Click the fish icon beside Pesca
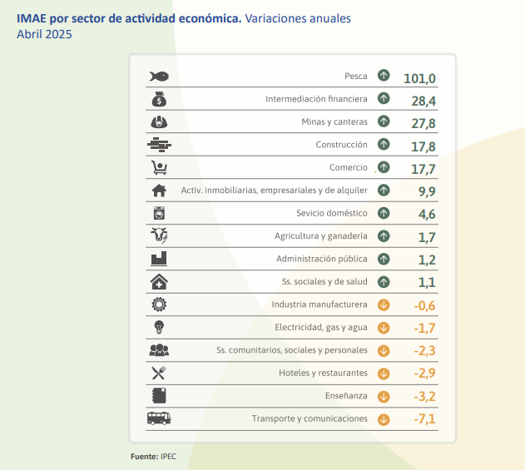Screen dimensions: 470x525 point(159,77)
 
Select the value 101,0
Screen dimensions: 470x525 point(419,78)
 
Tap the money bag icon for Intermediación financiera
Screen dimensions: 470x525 point(159,100)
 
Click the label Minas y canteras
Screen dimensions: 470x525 point(334,121)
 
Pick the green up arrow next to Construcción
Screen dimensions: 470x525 point(384,144)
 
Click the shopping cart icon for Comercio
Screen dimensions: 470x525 point(159,167)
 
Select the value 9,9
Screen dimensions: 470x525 point(427,191)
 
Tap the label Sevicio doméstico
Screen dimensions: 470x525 point(332,213)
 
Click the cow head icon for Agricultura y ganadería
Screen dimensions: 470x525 point(159,235)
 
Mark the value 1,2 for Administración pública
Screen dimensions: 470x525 point(427,260)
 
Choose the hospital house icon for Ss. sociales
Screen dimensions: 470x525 point(159,282)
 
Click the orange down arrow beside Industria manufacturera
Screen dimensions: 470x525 point(384,304)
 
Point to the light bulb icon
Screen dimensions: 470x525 point(159,327)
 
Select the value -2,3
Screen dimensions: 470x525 point(424,351)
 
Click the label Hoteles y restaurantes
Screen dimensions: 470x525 point(323,373)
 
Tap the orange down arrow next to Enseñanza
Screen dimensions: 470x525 point(384,395)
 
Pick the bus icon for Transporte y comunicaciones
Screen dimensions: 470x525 point(159,418)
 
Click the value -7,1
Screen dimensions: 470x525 point(424,419)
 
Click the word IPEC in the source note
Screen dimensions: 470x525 point(169,457)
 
